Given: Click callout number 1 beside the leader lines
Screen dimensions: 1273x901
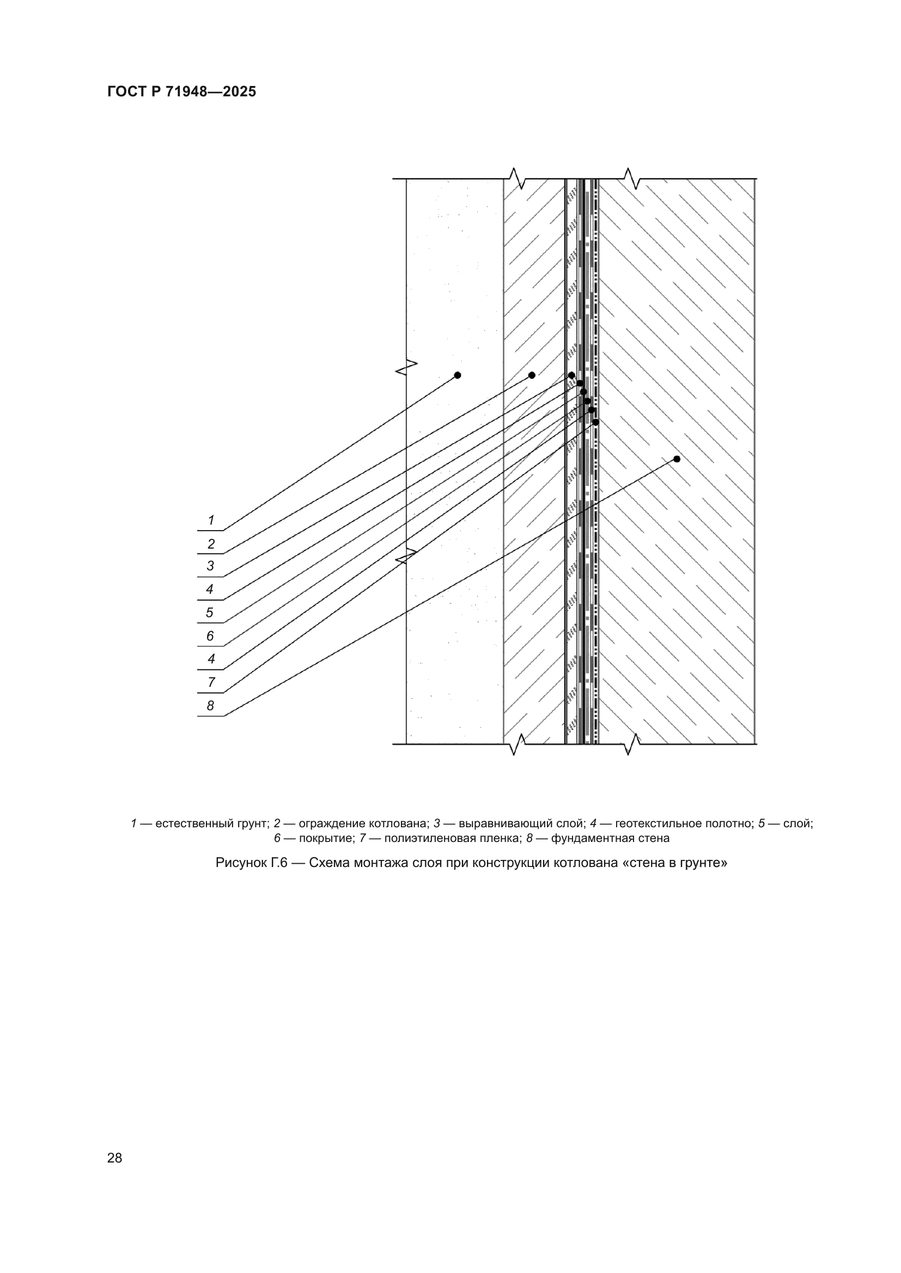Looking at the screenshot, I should click(x=211, y=520).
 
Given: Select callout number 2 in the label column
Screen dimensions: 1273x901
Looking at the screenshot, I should click(x=211, y=544).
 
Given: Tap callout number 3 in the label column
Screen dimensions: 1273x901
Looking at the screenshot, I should click(x=210, y=566).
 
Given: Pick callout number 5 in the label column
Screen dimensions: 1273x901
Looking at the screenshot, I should click(x=210, y=613).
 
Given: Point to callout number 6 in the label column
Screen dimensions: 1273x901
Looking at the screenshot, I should click(x=210, y=636).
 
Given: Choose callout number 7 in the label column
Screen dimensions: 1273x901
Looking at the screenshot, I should click(x=211, y=682).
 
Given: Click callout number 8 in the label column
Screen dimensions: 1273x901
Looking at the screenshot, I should click(x=210, y=706).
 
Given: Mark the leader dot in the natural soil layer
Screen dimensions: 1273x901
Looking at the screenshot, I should click(x=458, y=376).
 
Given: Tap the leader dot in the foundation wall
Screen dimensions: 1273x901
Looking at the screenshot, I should click(x=677, y=459).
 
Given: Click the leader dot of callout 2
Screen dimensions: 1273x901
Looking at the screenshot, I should click(x=532, y=376).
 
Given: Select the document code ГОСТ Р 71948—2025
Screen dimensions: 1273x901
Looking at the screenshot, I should click(x=181, y=91).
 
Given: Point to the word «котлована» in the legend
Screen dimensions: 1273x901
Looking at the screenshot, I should click(x=399, y=823).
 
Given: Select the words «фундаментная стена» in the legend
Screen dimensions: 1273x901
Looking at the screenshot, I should click(x=610, y=838).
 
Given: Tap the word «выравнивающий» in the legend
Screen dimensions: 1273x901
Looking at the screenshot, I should click(x=506, y=823).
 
